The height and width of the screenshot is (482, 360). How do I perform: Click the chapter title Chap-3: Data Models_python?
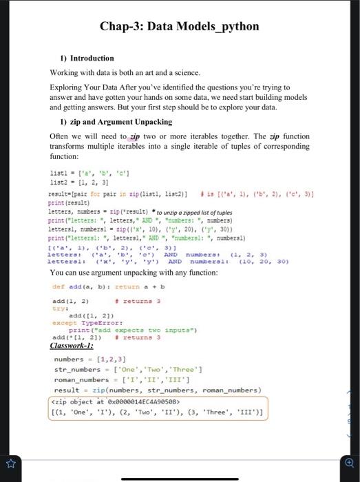coord(180,27)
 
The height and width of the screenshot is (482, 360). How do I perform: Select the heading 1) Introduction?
coord(86,59)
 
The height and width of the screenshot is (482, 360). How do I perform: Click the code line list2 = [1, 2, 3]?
coord(78,182)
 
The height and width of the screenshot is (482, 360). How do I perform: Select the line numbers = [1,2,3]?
coord(90,359)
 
